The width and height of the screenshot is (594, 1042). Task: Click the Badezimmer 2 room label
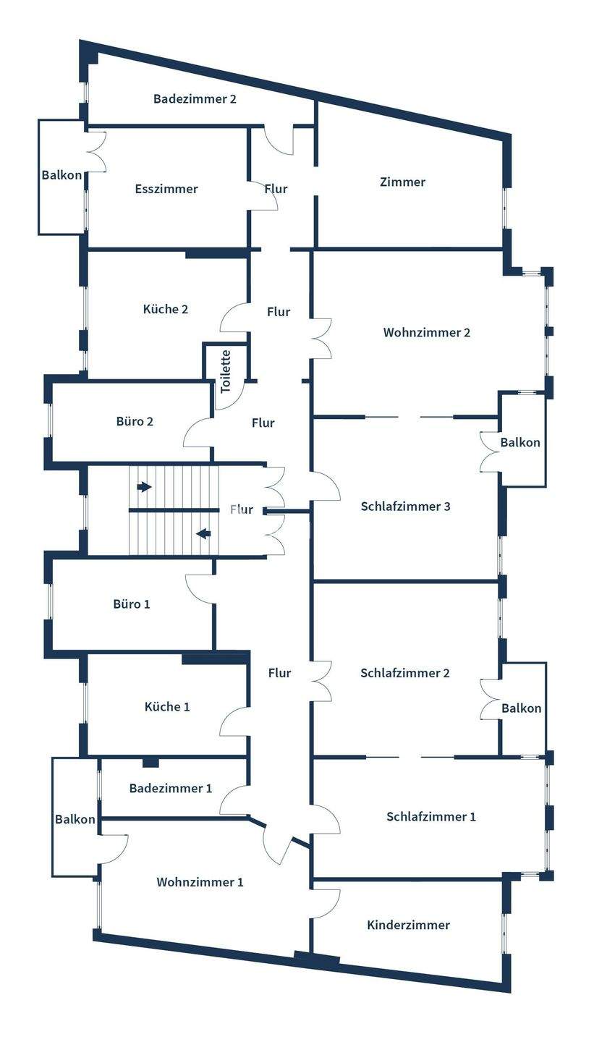click(195, 99)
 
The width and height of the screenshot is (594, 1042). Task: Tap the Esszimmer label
click(166, 189)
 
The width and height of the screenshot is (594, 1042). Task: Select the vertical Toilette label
click(226, 371)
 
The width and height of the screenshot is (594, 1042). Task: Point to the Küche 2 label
click(166, 309)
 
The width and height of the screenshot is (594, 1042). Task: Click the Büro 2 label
click(135, 421)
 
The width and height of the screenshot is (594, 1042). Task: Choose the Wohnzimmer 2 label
click(427, 333)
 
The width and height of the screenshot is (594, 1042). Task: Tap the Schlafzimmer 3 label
click(405, 507)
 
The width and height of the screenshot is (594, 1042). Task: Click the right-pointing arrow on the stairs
click(144, 487)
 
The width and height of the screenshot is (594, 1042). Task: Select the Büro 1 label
click(132, 603)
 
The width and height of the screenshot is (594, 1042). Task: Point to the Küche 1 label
click(167, 706)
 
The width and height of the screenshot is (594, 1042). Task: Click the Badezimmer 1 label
click(171, 788)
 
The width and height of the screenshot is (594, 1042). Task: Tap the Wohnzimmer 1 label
click(200, 882)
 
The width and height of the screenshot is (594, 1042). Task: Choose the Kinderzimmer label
click(408, 925)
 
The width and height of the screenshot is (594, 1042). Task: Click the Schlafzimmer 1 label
click(431, 817)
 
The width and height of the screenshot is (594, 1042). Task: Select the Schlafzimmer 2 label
click(405, 673)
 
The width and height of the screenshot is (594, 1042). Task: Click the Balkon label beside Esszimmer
click(61, 175)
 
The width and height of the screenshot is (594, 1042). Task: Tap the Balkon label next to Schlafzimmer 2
click(521, 708)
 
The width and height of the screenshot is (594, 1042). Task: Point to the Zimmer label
click(402, 182)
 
